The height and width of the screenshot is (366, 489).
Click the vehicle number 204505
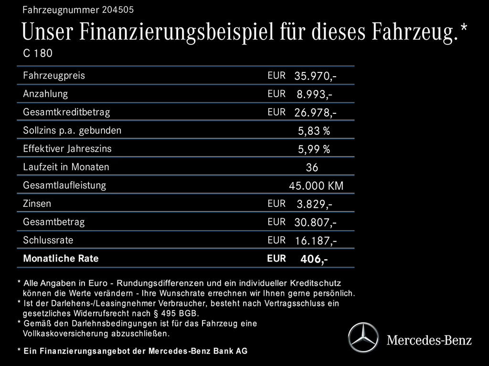point(118,10)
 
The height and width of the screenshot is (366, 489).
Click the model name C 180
point(38,53)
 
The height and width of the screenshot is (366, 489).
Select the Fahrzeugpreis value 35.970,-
point(316,76)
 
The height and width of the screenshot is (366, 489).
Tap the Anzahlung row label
point(45,93)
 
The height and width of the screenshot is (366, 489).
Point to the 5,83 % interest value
point(314,131)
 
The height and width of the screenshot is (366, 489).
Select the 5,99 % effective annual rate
point(314,150)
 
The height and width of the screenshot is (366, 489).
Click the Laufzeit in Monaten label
point(66,167)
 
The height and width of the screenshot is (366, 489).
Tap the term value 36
point(312,168)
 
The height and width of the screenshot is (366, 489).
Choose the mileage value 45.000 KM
point(316,186)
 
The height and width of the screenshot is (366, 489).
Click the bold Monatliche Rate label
point(61,259)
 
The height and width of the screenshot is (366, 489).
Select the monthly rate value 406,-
point(314,260)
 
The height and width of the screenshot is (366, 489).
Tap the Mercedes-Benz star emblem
point(363,338)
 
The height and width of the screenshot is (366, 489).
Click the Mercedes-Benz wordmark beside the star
point(429,340)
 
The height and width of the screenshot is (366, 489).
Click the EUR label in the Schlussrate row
point(276,240)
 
